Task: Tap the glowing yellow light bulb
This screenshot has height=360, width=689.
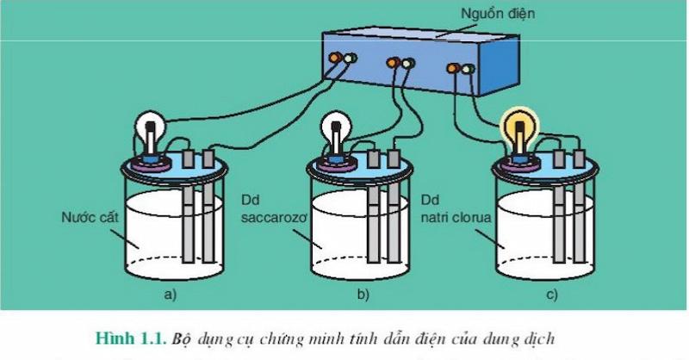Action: click(x=519, y=129)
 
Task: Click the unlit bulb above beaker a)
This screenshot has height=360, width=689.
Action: click(x=153, y=129)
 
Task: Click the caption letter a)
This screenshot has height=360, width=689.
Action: click(x=170, y=295)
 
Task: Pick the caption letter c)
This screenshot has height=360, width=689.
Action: click(x=549, y=295)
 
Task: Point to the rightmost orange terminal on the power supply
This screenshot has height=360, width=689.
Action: click(x=452, y=67)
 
